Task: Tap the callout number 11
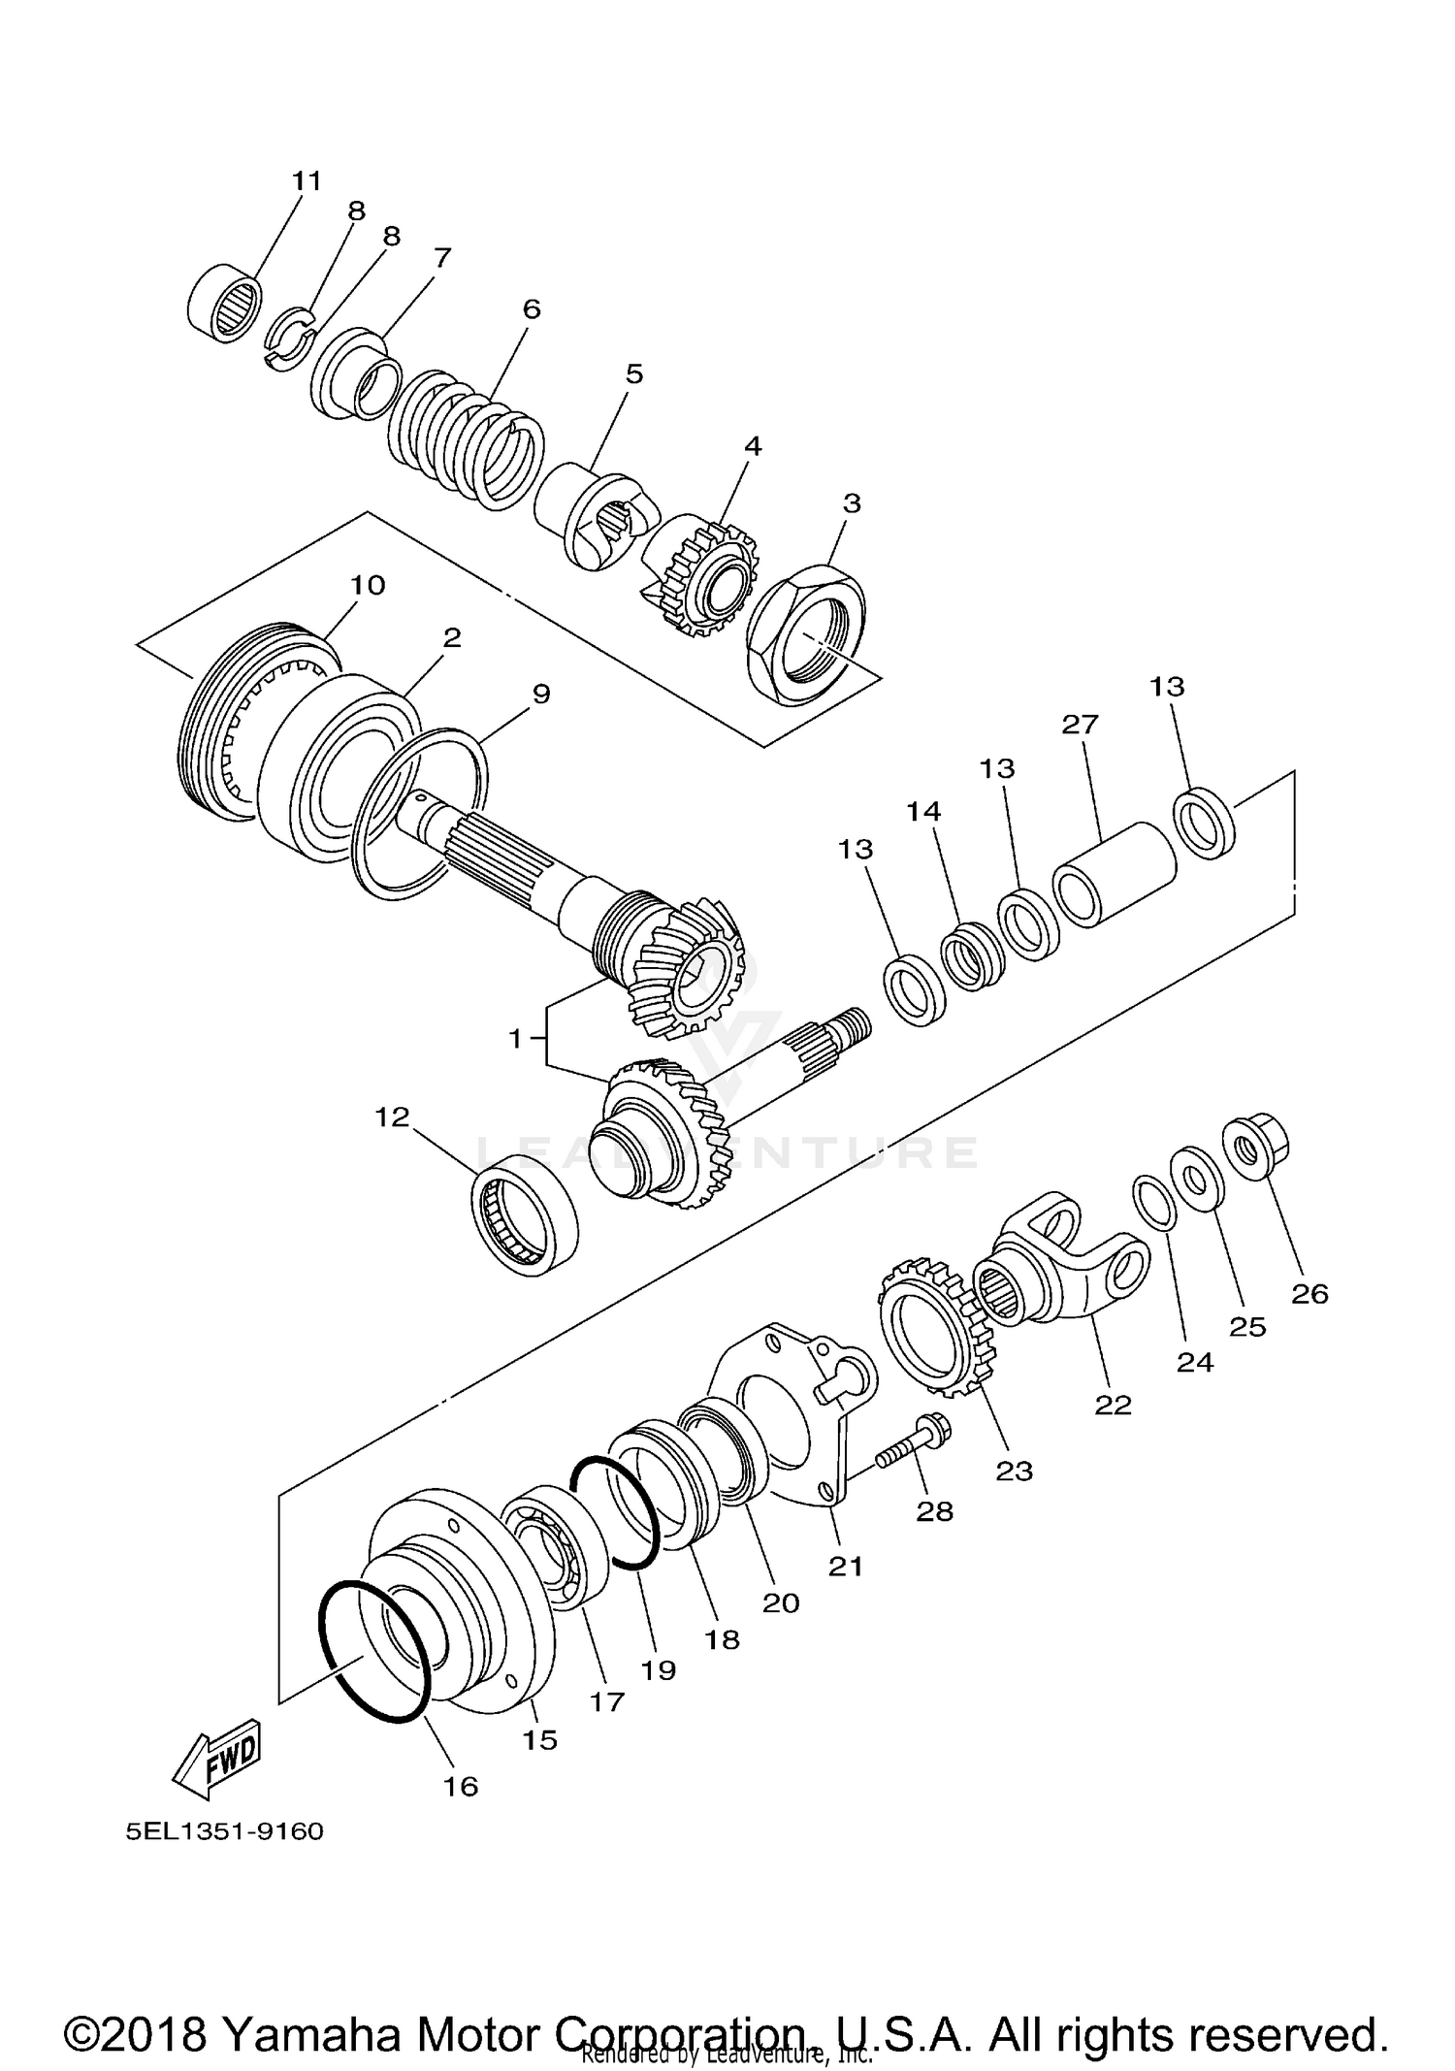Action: pyautogui.click(x=307, y=181)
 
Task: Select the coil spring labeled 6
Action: pyautogui.click(x=466, y=440)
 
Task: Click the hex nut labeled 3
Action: pyautogui.click(x=804, y=635)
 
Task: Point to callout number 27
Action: pyautogui.click(x=1080, y=725)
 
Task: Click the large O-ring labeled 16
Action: pyautogui.click(x=374, y=1650)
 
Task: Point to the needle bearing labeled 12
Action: pyautogui.click(x=525, y=1216)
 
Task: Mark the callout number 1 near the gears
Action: pyautogui.click(x=515, y=1039)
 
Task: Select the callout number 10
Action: pyautogui.click(x=368, y=585)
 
